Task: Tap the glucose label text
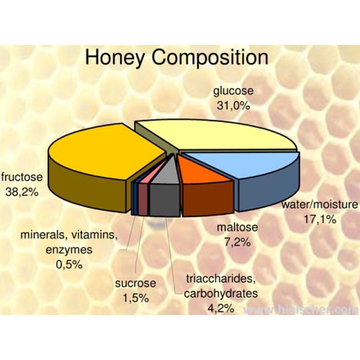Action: click(x=233, y=91)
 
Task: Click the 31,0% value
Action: click(x=233, y=106)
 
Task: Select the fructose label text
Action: click(x=22, y=177)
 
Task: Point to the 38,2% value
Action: click(x=22, y=192)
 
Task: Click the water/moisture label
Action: click(x=320, y=204)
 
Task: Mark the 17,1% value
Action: click(x=320, y=220)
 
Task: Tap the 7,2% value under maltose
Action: click(x=238, y=242)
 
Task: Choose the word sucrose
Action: click(x=135, y=283)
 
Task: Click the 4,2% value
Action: click(x=221, y=308)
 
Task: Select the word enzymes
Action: click(x=69, y=250)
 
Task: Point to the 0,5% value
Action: click(x=69, y=265)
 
